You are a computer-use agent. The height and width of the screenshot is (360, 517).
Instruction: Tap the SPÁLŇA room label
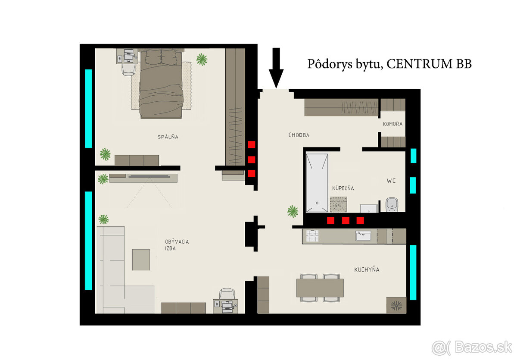pyautogui.click(x=168, y=137)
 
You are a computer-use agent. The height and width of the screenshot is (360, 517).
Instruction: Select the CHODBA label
pyautogui.click(x=299, y=135)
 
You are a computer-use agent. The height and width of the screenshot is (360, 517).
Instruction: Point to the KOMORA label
pyautogui.click(x=392, y=124)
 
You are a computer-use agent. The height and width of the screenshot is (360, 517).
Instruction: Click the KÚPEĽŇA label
pyautogui.click(x=343, y=188)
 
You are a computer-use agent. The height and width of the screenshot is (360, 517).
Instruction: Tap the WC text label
pyautogui.click(x=391, y=181)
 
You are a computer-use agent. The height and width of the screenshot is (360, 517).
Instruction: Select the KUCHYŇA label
pyautogui.click(x=367, y=270)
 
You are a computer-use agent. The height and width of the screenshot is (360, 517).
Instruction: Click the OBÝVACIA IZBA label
pyautogui.click(x=177, y=245)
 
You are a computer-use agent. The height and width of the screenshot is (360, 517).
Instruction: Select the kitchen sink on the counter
pyautogui.click(x=363, y=236)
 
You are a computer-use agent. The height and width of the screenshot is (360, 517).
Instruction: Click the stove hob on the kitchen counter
pyautogui.click(x=312, y=236)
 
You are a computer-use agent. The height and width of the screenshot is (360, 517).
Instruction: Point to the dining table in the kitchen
pyautogui.click(x=320, y=288)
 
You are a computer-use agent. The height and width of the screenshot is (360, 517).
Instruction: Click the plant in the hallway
pyautogui.click(x=293, y=211)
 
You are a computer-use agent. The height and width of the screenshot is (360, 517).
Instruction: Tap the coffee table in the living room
pyautogui.click(x=141, y=260)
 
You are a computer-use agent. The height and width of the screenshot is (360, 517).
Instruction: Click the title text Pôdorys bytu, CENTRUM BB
pyautogui.click(x=389, y=64)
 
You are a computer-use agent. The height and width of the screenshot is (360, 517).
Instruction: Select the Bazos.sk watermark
pyautogui.click(x=472, y=347)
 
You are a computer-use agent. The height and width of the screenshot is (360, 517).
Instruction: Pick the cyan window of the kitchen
pyautogui.click(x=413, y=272)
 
